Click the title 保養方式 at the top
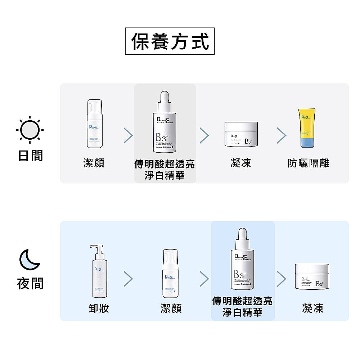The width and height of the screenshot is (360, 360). (170, 41)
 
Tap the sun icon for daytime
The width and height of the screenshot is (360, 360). (30, 130)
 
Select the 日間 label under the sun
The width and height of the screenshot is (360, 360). (30, 156)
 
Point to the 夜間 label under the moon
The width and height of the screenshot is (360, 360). (30, 283)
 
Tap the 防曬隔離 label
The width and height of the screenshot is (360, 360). (309, 163)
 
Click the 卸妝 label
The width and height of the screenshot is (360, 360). (99, 308)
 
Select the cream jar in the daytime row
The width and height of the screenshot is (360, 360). (240, 134)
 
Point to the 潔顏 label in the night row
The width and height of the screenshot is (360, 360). (171, 308)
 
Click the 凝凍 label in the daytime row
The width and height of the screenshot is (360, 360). (240, 163)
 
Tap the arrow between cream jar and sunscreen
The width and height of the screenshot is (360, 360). (282, 135)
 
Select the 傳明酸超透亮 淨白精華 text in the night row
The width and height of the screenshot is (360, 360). (242, 307)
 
